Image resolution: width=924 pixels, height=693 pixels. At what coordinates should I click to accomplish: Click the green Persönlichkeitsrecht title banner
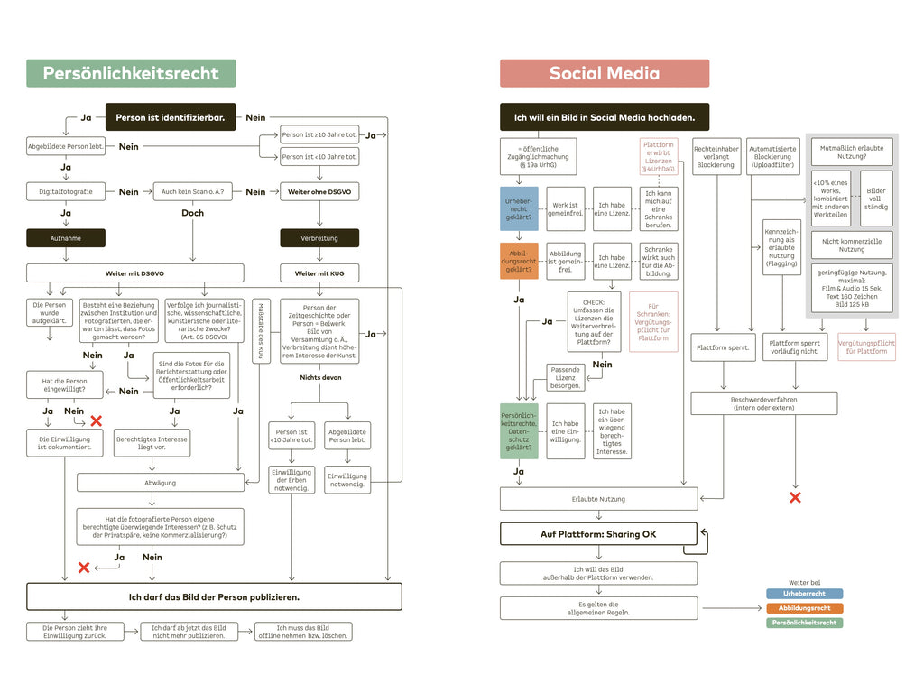[131, 73]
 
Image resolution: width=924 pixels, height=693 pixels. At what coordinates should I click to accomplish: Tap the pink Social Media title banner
[605, 73]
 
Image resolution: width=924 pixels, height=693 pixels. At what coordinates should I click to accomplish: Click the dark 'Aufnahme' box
[66, 238]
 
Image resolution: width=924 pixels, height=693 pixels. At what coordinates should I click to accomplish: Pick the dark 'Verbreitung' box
[319, 238]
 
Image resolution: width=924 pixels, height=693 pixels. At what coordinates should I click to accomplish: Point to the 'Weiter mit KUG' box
[319, 273]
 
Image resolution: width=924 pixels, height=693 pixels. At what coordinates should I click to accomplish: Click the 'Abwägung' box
[161, 483]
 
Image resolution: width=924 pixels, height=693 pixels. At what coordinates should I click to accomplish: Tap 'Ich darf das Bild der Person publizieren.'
[214, 596]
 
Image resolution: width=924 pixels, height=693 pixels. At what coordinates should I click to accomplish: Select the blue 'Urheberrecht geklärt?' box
[519, 208]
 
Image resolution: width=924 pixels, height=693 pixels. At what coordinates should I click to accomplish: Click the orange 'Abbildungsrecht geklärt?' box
[519, 261]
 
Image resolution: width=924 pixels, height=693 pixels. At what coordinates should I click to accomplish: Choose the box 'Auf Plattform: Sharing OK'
[598, 534]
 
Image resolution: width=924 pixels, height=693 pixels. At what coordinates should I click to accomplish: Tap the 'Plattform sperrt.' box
[723, 347]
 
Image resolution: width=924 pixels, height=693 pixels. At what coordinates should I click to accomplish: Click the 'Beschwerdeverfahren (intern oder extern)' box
[763, 402]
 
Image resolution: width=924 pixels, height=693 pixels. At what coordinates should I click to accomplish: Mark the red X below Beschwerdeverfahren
[795, 497]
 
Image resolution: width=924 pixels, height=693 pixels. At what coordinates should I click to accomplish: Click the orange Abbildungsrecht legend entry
[804, 608]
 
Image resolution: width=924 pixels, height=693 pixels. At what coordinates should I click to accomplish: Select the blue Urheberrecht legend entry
[804, 595]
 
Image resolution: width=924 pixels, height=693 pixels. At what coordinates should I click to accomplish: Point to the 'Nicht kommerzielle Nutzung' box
[852, 245]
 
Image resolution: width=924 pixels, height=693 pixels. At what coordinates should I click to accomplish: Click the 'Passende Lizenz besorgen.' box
[566, 377]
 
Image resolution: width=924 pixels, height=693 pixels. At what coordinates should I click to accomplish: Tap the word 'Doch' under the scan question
[192, 213]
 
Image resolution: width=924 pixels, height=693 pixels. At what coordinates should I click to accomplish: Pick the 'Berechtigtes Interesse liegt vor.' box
[152, 442]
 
